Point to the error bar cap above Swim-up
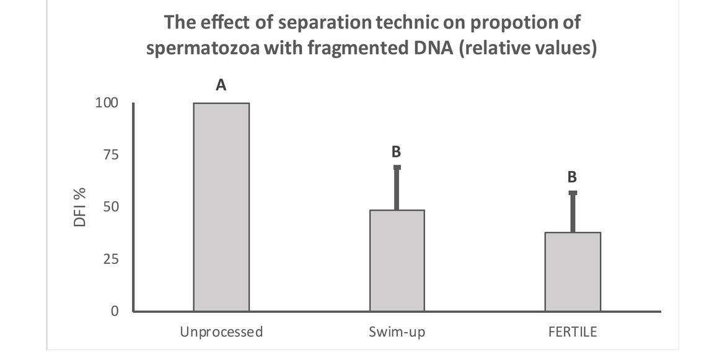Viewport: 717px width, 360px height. (x=397, y=167)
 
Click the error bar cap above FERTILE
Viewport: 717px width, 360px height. (x=572, y=193)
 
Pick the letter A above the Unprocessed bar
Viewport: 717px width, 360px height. (x=221, y=86)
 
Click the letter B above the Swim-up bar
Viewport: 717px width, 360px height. (x=397, y=151)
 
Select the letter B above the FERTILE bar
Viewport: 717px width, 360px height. (x=572, y=177)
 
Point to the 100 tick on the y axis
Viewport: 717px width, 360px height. (x=106, y=102)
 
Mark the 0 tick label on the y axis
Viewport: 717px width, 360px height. (x=114, y=311)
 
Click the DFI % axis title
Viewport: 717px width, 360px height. (x=80, y=207)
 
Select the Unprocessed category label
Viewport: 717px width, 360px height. (x=221, y=332)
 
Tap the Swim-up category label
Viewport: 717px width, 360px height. (x=397, y=332)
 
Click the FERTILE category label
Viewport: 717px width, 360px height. (x=572, y=332)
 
